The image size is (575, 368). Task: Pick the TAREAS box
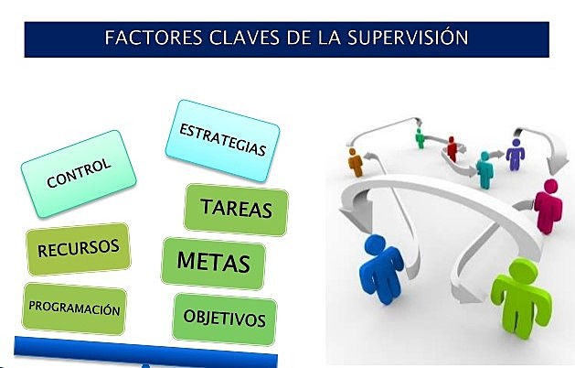click(x=236, y=209)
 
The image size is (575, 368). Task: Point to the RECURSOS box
click(x=79, y=248)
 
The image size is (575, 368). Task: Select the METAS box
click(x=214, y=264)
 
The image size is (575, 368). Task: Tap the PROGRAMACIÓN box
click(x=74, y=309)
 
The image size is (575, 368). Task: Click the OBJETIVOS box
click(x=224, y=319)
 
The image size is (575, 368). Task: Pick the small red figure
click(x=452, y=148)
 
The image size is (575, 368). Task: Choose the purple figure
click(x=516, y=154)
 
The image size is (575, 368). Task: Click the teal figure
click(x=484, y=169)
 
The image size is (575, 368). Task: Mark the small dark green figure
click(x=421, y=138)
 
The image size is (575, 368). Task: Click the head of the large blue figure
click(x=377, y=244)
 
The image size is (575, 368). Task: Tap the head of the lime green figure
click(x=522, y=269)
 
